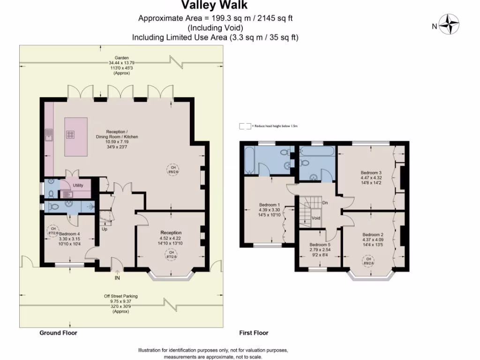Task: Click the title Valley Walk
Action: [215, 6]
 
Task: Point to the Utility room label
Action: [78, 185]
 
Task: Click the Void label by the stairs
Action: [316, 218]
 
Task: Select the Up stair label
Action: [104, 229]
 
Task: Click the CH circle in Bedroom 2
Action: [368, 261]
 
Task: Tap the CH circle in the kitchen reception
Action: [173, 169]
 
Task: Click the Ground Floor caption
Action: [58, 333]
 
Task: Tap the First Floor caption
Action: [254, 333]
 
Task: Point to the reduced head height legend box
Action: [245, 126]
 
